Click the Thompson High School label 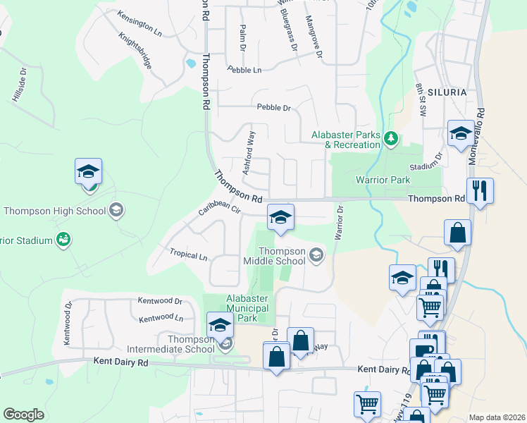pyautogui.click(x=54, y=210)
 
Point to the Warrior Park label pyautogui.click(x=383, y=180)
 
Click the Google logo pyautogui.click(x=23, y=414)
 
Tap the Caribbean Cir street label pyautogui.click(x=219, y=209)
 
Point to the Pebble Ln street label pyautogui.click(x=244, y=70)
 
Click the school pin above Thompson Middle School pyautogui.click(x=280, y=216)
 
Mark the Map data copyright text pyautogui.click(x=497, y=417)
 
